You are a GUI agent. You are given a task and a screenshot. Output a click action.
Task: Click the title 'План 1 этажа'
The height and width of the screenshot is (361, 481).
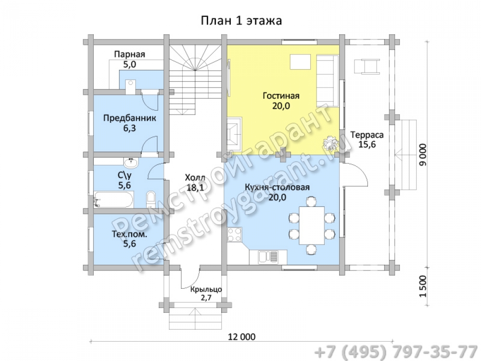point(241,21)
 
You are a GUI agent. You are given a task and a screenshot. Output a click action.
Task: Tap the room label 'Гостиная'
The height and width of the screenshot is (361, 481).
point(281,96)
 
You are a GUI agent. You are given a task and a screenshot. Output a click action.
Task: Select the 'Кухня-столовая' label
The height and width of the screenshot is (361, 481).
point(277,187)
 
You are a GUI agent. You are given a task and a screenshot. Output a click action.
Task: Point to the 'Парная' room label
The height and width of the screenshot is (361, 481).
point(129,54)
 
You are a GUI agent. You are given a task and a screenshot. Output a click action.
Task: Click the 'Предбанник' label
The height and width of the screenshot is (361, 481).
point(129,118)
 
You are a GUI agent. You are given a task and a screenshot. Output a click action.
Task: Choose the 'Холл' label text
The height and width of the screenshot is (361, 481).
point(195,177)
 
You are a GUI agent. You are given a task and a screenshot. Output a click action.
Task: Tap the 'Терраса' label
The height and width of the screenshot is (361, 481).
point(367,135)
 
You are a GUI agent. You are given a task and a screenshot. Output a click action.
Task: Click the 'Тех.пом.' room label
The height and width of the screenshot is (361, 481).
point(129,234)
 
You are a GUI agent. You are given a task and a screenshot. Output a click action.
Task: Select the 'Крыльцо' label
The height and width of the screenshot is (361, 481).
point(206,289)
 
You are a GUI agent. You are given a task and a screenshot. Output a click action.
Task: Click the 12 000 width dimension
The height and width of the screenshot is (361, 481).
point(242,337)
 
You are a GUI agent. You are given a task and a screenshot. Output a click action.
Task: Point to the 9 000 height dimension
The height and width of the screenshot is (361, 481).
point(423,155)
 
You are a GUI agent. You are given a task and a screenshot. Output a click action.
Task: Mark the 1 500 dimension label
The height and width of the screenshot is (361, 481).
point(423,286)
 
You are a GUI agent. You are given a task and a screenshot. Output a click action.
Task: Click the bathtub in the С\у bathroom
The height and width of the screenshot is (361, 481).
point(114,200)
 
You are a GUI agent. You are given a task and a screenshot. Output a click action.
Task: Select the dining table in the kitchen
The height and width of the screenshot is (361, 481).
point(312,226)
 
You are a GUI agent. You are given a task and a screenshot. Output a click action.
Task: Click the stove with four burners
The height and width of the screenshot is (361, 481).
point(234,234)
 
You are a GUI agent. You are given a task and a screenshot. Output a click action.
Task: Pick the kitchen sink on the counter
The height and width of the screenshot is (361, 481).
point(268,257)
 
